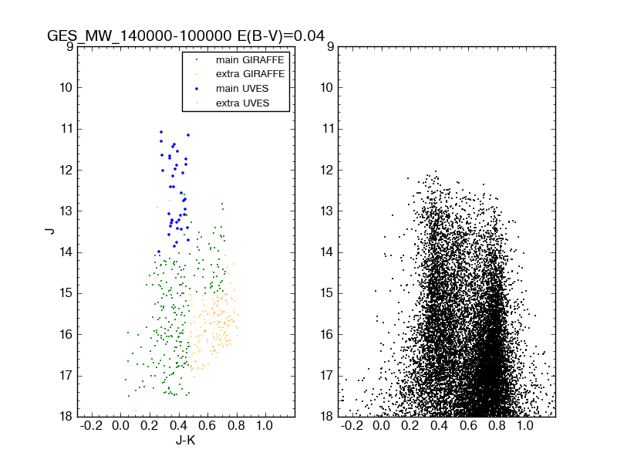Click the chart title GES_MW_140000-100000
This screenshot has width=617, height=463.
[140, 36]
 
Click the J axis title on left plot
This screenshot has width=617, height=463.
[49, 231]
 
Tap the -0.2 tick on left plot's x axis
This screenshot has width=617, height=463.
[92, 426]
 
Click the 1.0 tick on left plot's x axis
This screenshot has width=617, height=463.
[265, 426]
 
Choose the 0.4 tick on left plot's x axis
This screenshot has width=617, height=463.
[178, 426]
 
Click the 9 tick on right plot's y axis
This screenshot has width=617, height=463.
[329, 46]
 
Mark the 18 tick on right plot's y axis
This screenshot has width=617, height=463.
[326, 417]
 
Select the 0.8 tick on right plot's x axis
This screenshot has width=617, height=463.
[497, 426]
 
